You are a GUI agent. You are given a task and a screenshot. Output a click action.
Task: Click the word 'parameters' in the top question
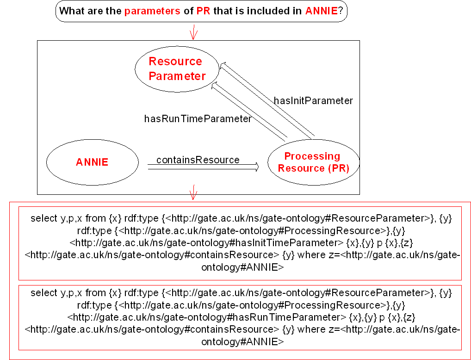152,12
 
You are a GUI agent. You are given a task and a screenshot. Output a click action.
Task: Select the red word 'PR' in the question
204,11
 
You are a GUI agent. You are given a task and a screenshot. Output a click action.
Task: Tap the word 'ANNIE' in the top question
322,11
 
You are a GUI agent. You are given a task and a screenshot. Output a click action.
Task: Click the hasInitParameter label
313,101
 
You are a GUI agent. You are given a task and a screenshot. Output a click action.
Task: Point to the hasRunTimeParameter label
198,119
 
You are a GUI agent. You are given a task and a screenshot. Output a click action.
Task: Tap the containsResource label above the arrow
198,160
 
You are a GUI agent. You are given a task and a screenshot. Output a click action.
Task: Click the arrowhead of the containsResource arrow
257,167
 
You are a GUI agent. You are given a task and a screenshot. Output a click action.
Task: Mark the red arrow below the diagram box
193,192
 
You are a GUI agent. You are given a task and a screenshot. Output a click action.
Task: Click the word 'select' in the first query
44,218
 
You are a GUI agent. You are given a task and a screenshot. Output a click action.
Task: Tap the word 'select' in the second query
44,293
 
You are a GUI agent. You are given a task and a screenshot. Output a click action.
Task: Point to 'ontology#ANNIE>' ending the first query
242,267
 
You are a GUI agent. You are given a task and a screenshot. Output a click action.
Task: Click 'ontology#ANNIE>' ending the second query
242,341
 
